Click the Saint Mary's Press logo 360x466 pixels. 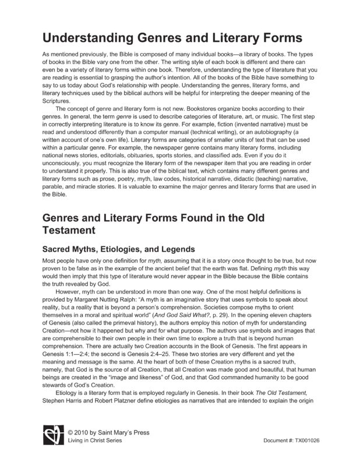coord(52,437)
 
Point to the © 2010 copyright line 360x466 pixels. coord(108,433)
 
